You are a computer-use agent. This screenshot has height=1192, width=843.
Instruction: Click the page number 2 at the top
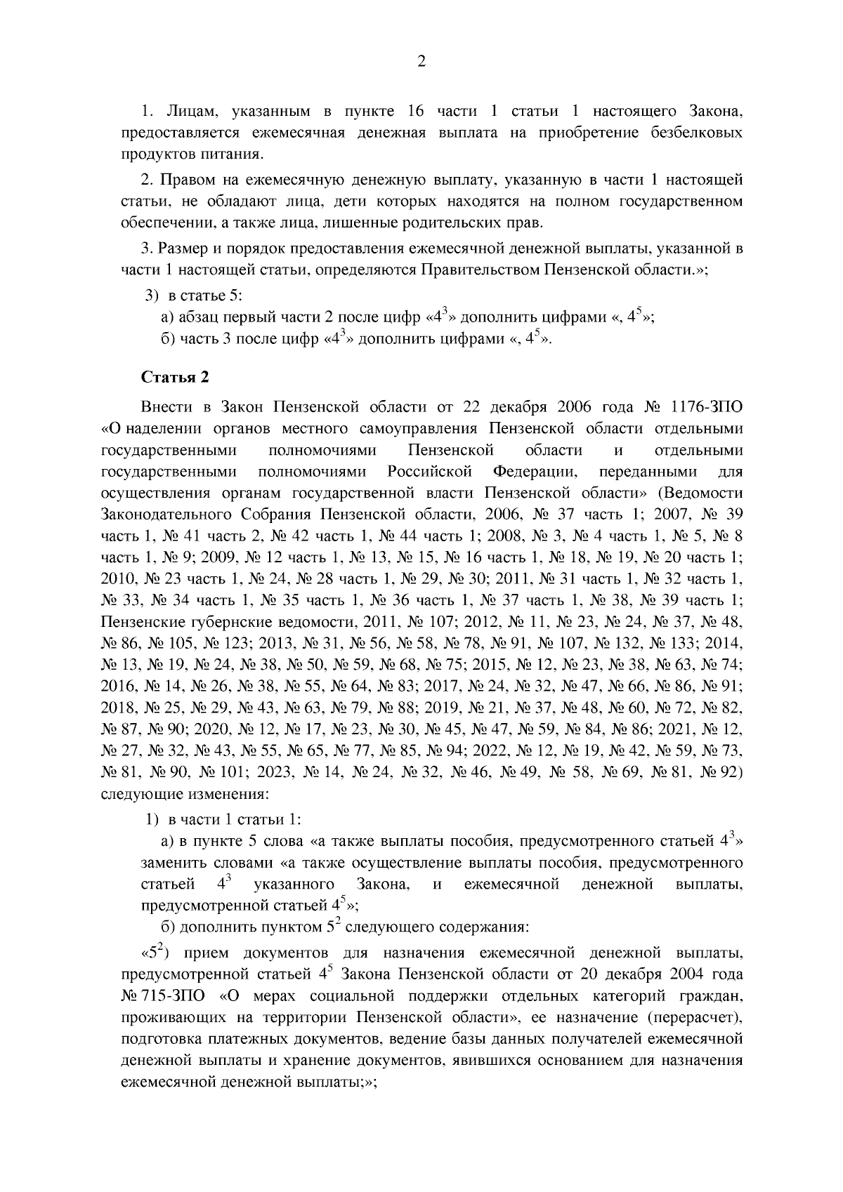(x=421, y=62)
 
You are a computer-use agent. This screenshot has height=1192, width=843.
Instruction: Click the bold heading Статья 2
(x=175, y=377)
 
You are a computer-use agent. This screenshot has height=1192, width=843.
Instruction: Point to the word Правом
(x=186, y=180)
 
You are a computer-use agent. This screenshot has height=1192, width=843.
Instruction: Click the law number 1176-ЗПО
(x=707, y=407)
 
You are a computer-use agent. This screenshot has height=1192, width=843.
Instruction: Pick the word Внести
(x=163, y=407)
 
